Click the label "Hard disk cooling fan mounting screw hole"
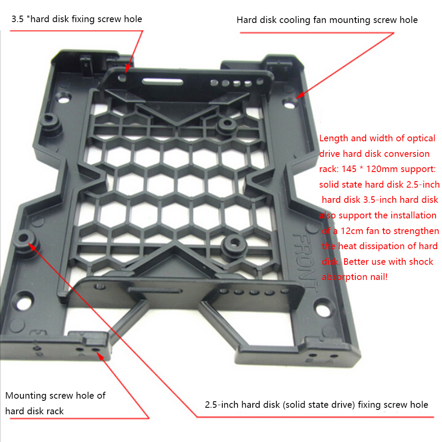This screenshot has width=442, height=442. point(327,20)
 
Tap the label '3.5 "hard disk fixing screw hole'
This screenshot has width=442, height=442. point(76,19)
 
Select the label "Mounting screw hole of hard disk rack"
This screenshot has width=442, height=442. point(55,403)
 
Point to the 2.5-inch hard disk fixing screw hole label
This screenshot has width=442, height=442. point(316,405)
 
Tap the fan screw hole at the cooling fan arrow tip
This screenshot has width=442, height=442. point(289,103)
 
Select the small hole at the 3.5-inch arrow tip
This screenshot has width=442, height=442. point(123,77)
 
